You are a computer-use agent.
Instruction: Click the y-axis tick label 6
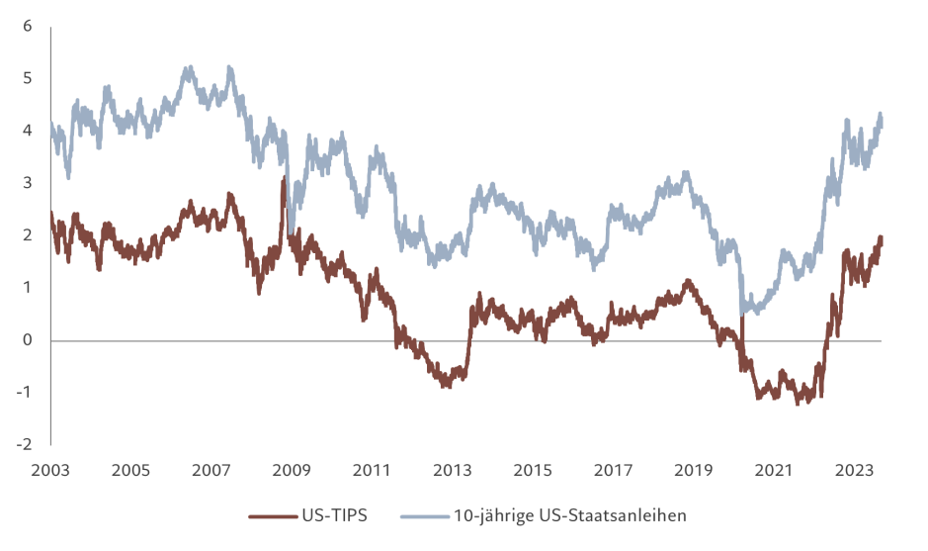point(28,26)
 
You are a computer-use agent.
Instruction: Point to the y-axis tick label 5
point(28,78)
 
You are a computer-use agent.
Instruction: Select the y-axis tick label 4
point(28,131)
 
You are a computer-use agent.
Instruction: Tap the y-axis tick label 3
point(28,183)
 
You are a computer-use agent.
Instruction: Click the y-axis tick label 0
point(28,340)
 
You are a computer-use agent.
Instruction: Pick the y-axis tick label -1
point(26,393)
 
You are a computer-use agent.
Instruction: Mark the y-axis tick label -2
point(26,444)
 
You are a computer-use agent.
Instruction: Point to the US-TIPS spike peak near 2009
point(284,178)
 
